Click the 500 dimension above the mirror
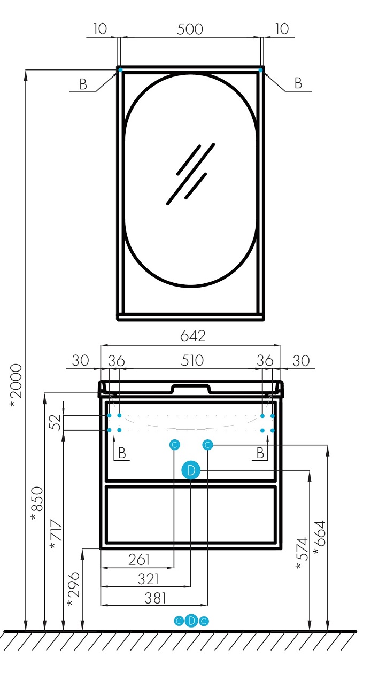click(x=190, y=29)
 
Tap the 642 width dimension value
click(x=192, y=336)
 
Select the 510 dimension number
click(x=192, y=360)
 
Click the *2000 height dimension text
click(x=16, y=385)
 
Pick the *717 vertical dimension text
click(x=57, y=534)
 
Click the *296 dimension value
click(x=74, y=589)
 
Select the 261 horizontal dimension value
click(x=139, y=560)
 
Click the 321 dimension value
click(x=148, y=579)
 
